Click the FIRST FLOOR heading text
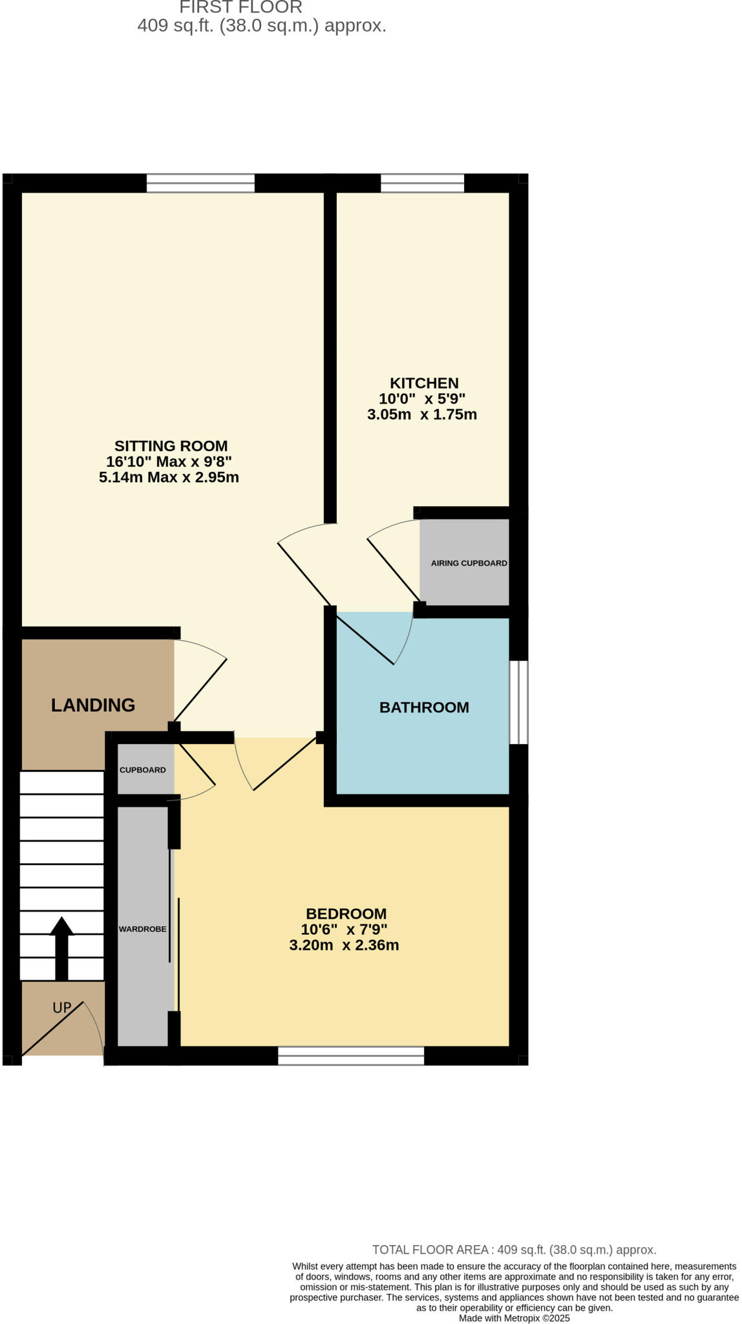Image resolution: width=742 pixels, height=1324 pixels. (x=240, y=8)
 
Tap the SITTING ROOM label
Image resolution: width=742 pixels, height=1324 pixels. (x=171, y=446)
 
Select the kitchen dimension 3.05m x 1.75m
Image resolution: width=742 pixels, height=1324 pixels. (x=421, y=415)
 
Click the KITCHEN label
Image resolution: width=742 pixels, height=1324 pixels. (x=424, y=383)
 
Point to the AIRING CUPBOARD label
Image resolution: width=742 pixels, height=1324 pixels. (x=469, y=563)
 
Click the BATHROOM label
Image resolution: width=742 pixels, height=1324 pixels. (x=424, y=707)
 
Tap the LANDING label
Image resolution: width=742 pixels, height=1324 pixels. (x=93, y=705)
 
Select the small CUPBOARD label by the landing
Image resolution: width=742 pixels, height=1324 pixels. (x=142, y=770)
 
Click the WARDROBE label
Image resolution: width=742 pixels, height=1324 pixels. (x=142, y=929)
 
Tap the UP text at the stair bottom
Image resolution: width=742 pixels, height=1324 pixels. (x=61, y=1007)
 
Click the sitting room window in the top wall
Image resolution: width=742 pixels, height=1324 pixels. (x=200, y=183)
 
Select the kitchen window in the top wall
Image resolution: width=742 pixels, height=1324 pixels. (x=422, y=183)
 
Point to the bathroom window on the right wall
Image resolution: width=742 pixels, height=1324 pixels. (x=518, y=702)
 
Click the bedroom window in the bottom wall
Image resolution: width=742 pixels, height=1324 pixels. (x=350, y=1056)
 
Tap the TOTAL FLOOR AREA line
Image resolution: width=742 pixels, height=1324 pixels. (x=514, y=1250)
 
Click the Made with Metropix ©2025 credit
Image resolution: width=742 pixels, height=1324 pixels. (x=514, y=1318)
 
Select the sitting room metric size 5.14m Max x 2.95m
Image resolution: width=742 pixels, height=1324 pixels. (x=169, y=478)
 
